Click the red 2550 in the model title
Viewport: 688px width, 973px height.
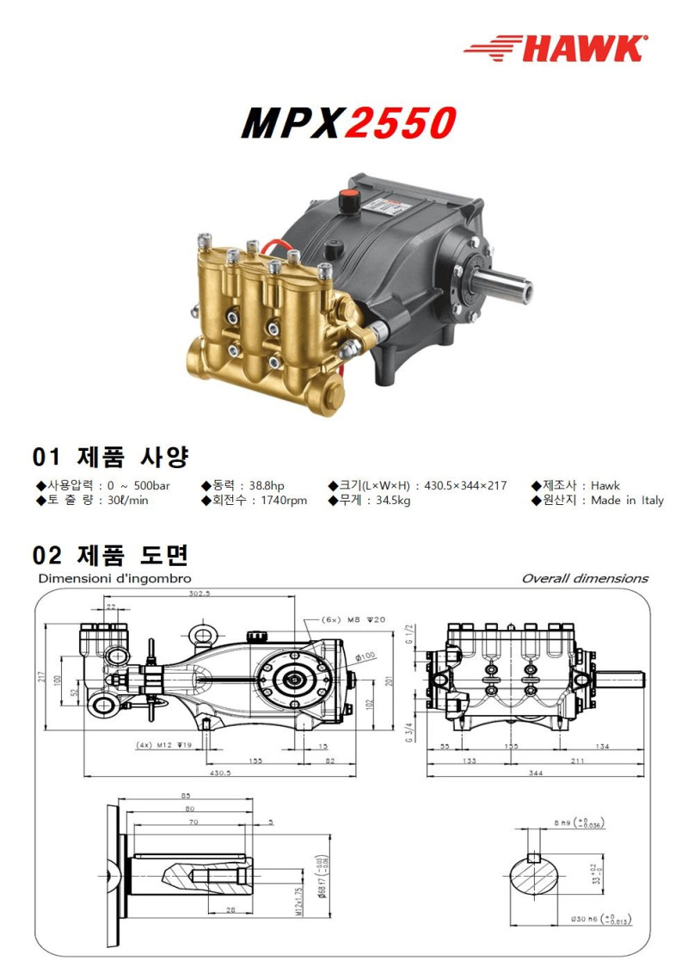pyautogui.click(x=399, y=124)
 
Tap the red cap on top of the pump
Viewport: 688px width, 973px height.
pyautogui.click(x=350, y=197)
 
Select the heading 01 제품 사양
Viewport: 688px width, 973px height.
pyautogui.click(x=110, y=455)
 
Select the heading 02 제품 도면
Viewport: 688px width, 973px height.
pyautogui.click(x=110, y=553)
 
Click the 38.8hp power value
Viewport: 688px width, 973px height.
pyautogui.click(x=267, y=485)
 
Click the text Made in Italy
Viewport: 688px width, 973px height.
pyautogui.click(x=627, y=501)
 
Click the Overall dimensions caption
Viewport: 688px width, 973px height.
pyautogui.click(x=585, y=578)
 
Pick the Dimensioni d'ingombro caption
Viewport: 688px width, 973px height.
pyautogui.click(x=114, y=578)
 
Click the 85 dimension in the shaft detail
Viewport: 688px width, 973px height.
pyautogui.click(x=185, y=795)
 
